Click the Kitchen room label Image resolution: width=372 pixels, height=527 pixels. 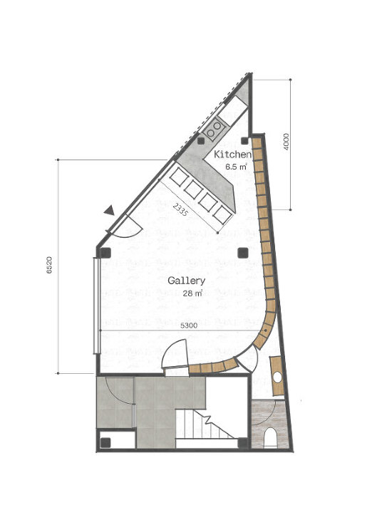tap(232, 155)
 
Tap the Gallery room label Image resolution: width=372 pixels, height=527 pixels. tap(186, 281)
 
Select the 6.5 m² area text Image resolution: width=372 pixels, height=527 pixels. tap(237, 167)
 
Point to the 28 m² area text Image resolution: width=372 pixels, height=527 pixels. tap(192, 293)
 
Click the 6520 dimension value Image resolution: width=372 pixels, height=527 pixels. tap(49, 265)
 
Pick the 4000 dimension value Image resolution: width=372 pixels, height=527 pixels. tap(286, 142)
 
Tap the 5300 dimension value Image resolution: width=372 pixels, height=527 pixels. tap(189, 325)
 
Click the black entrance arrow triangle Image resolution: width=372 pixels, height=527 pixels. tap(109, 211)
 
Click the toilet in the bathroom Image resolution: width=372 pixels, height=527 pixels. tap(270, 437)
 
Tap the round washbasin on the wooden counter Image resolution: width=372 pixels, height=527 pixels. tap(277, 377)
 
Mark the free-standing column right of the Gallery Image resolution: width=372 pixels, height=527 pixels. tap(242, 253)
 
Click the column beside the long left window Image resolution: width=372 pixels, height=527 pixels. tap(105, 252)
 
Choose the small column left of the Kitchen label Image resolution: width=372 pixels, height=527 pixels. tap(201, 141)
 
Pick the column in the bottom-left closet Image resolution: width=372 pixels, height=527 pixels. tap(105, 443)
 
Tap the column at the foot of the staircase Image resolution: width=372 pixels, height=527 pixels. tap(242, 443)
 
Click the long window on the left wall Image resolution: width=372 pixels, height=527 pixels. tap(96, 306)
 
